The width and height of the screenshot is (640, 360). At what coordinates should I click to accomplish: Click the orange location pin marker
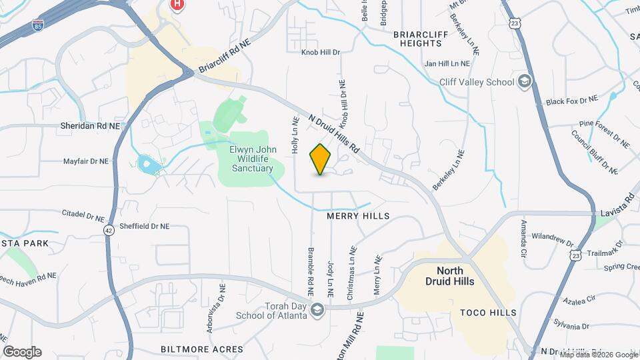coord(321,159)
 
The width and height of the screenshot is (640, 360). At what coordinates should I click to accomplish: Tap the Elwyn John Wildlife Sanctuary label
coord(253,159)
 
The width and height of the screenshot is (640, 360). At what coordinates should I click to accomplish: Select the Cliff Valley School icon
coord(525,81)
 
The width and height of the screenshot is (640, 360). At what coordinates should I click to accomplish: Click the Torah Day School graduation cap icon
coord(318,309)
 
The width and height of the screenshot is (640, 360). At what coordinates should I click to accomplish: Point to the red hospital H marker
coord(177,5)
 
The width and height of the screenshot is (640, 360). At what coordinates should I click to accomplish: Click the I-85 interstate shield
coord(38,26)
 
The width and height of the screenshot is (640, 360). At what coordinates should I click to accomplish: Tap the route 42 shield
coord(109,229)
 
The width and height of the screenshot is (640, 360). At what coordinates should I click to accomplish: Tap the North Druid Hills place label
coord(455,276)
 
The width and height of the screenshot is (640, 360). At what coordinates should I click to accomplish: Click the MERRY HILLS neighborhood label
coord(358,217)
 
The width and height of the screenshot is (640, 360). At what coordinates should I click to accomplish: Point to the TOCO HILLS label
coord(488,312)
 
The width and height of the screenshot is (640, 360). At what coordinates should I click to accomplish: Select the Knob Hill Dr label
coord(320,51)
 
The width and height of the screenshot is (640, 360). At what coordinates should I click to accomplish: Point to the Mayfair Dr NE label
coord(85,161)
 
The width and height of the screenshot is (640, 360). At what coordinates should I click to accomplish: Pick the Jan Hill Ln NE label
coord(447,64)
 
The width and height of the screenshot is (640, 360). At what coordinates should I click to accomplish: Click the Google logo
coord(22,351)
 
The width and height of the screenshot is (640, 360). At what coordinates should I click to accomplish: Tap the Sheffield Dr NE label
coord(144,227)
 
